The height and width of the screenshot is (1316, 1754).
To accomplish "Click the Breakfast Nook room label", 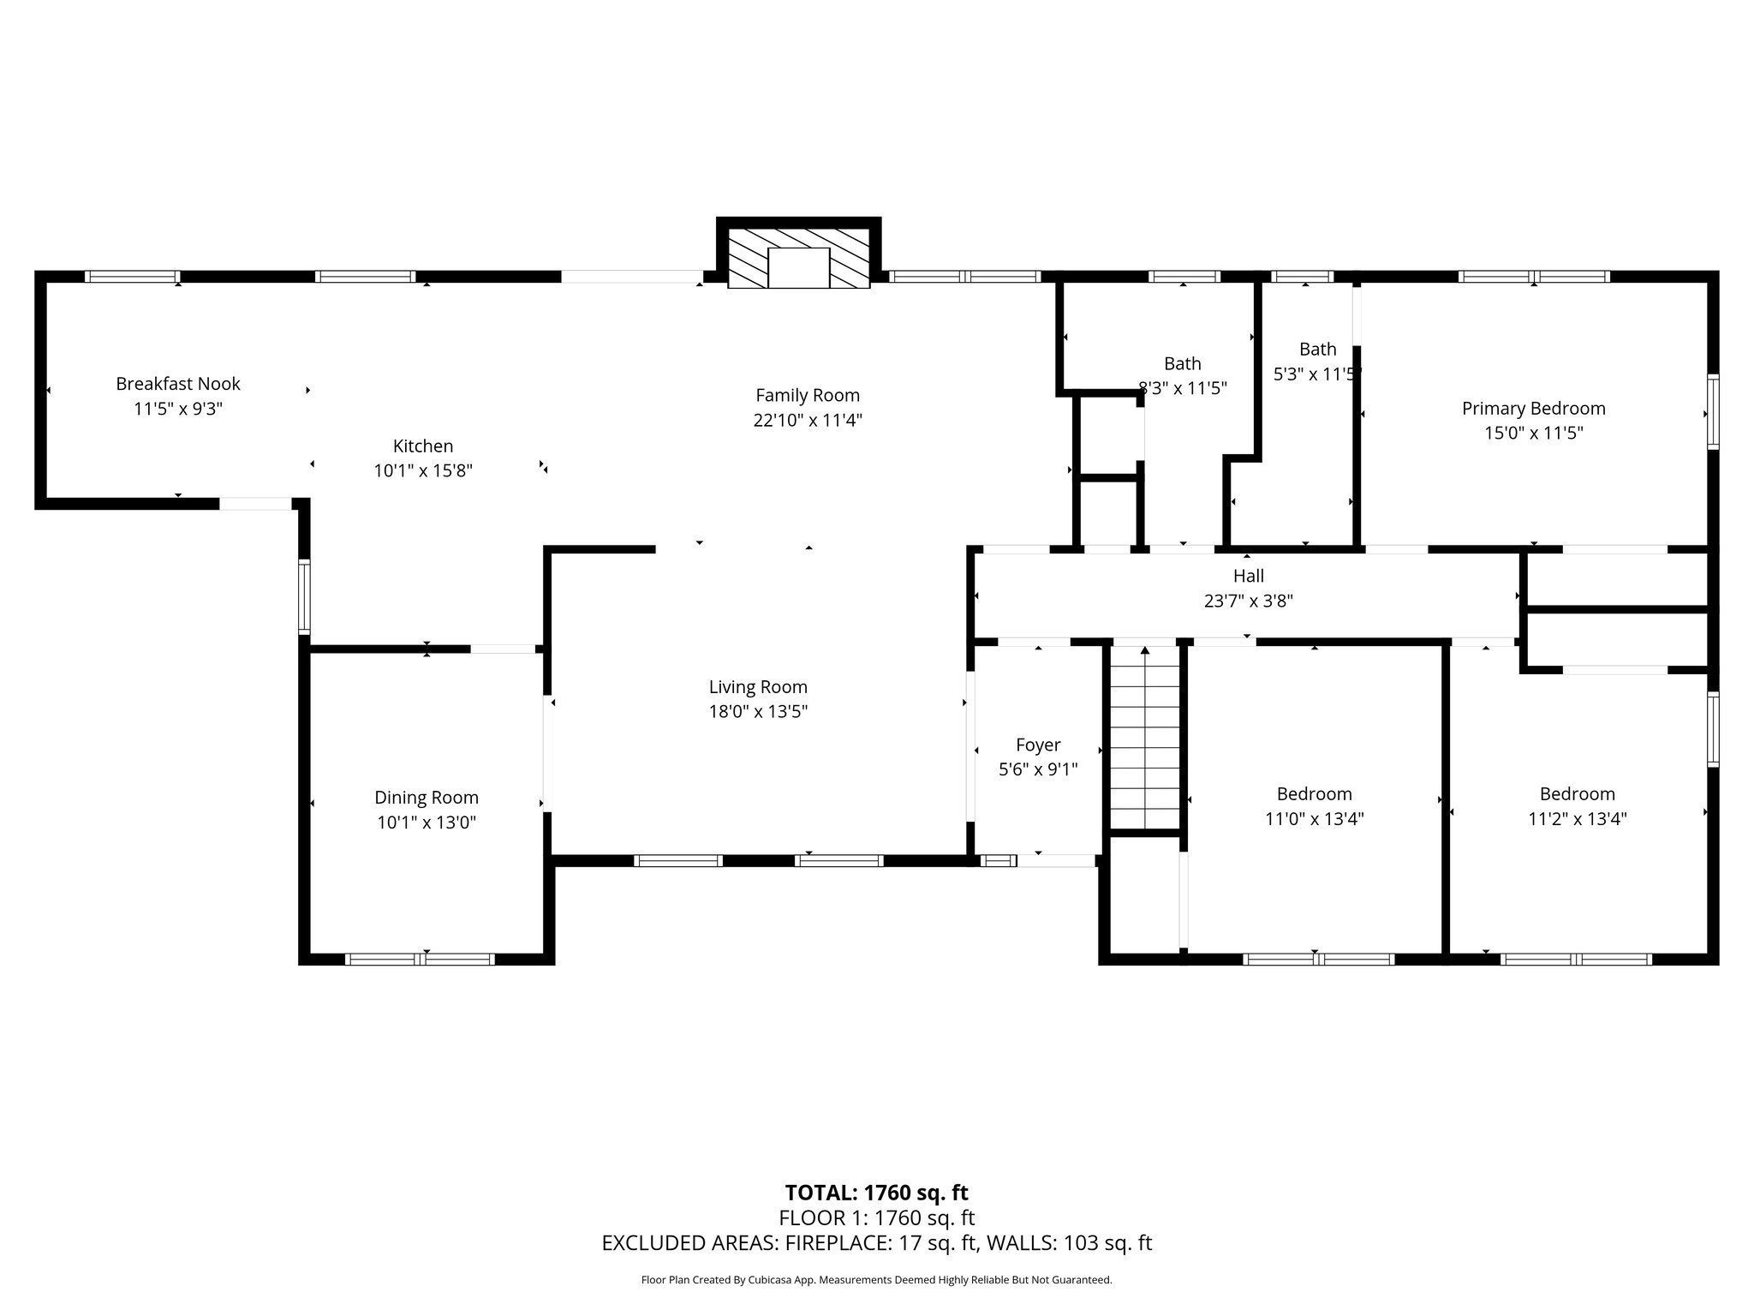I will tap(178, 384).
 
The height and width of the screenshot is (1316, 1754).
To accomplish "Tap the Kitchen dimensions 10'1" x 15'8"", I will tap(423, 470).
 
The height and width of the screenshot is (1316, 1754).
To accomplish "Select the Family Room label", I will tap(808, 395).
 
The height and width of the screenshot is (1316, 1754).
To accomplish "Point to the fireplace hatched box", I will tap(798, 256).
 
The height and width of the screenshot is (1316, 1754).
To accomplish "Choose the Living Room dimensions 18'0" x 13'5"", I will tap(758, 711).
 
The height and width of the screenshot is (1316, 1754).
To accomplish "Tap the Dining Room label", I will tap(427, 798).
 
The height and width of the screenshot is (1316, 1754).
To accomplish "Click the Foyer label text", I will tap(1038, 745).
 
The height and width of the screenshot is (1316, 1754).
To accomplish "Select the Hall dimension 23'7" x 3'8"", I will tap(1248, 601).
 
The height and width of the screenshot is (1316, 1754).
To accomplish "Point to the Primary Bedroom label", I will tap(1533, 408).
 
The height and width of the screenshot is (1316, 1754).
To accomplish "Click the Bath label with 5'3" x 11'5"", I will tap(1317, 349).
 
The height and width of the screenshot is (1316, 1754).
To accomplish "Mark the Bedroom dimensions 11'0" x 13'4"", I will tap(1314, 818).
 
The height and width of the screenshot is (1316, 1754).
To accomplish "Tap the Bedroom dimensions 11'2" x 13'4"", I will tap(1577, 818).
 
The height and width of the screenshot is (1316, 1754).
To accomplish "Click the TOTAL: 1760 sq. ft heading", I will tap(876, 1193).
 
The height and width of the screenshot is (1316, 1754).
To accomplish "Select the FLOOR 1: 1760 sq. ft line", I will tap(876, 1217).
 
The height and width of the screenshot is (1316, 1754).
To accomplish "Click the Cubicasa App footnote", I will tap(876, 1280).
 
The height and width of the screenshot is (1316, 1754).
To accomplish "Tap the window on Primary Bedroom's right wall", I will tap(1713, 411).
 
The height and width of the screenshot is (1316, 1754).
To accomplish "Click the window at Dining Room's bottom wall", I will tap(420, 959).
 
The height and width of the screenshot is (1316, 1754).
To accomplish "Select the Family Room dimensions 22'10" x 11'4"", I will tap(808, 420).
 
